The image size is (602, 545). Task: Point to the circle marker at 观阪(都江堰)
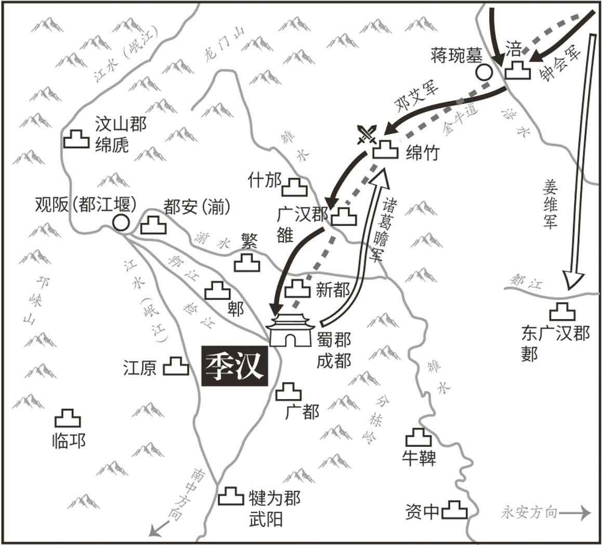(121, 222)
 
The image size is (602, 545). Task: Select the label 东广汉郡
(555, 333)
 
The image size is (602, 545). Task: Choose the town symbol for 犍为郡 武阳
(231, 496)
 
